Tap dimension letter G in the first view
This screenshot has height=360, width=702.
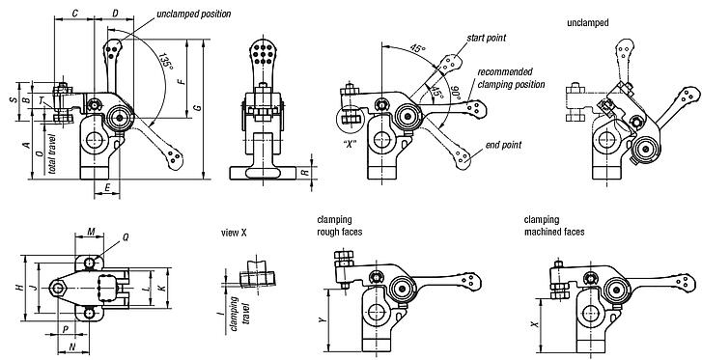click(197, 111)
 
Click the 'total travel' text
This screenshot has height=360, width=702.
click(52, 152)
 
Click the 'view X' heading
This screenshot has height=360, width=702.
click(235, 233)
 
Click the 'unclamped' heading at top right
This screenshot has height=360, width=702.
click(587, 21)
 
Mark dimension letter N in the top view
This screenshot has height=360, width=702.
click(71, 345)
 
